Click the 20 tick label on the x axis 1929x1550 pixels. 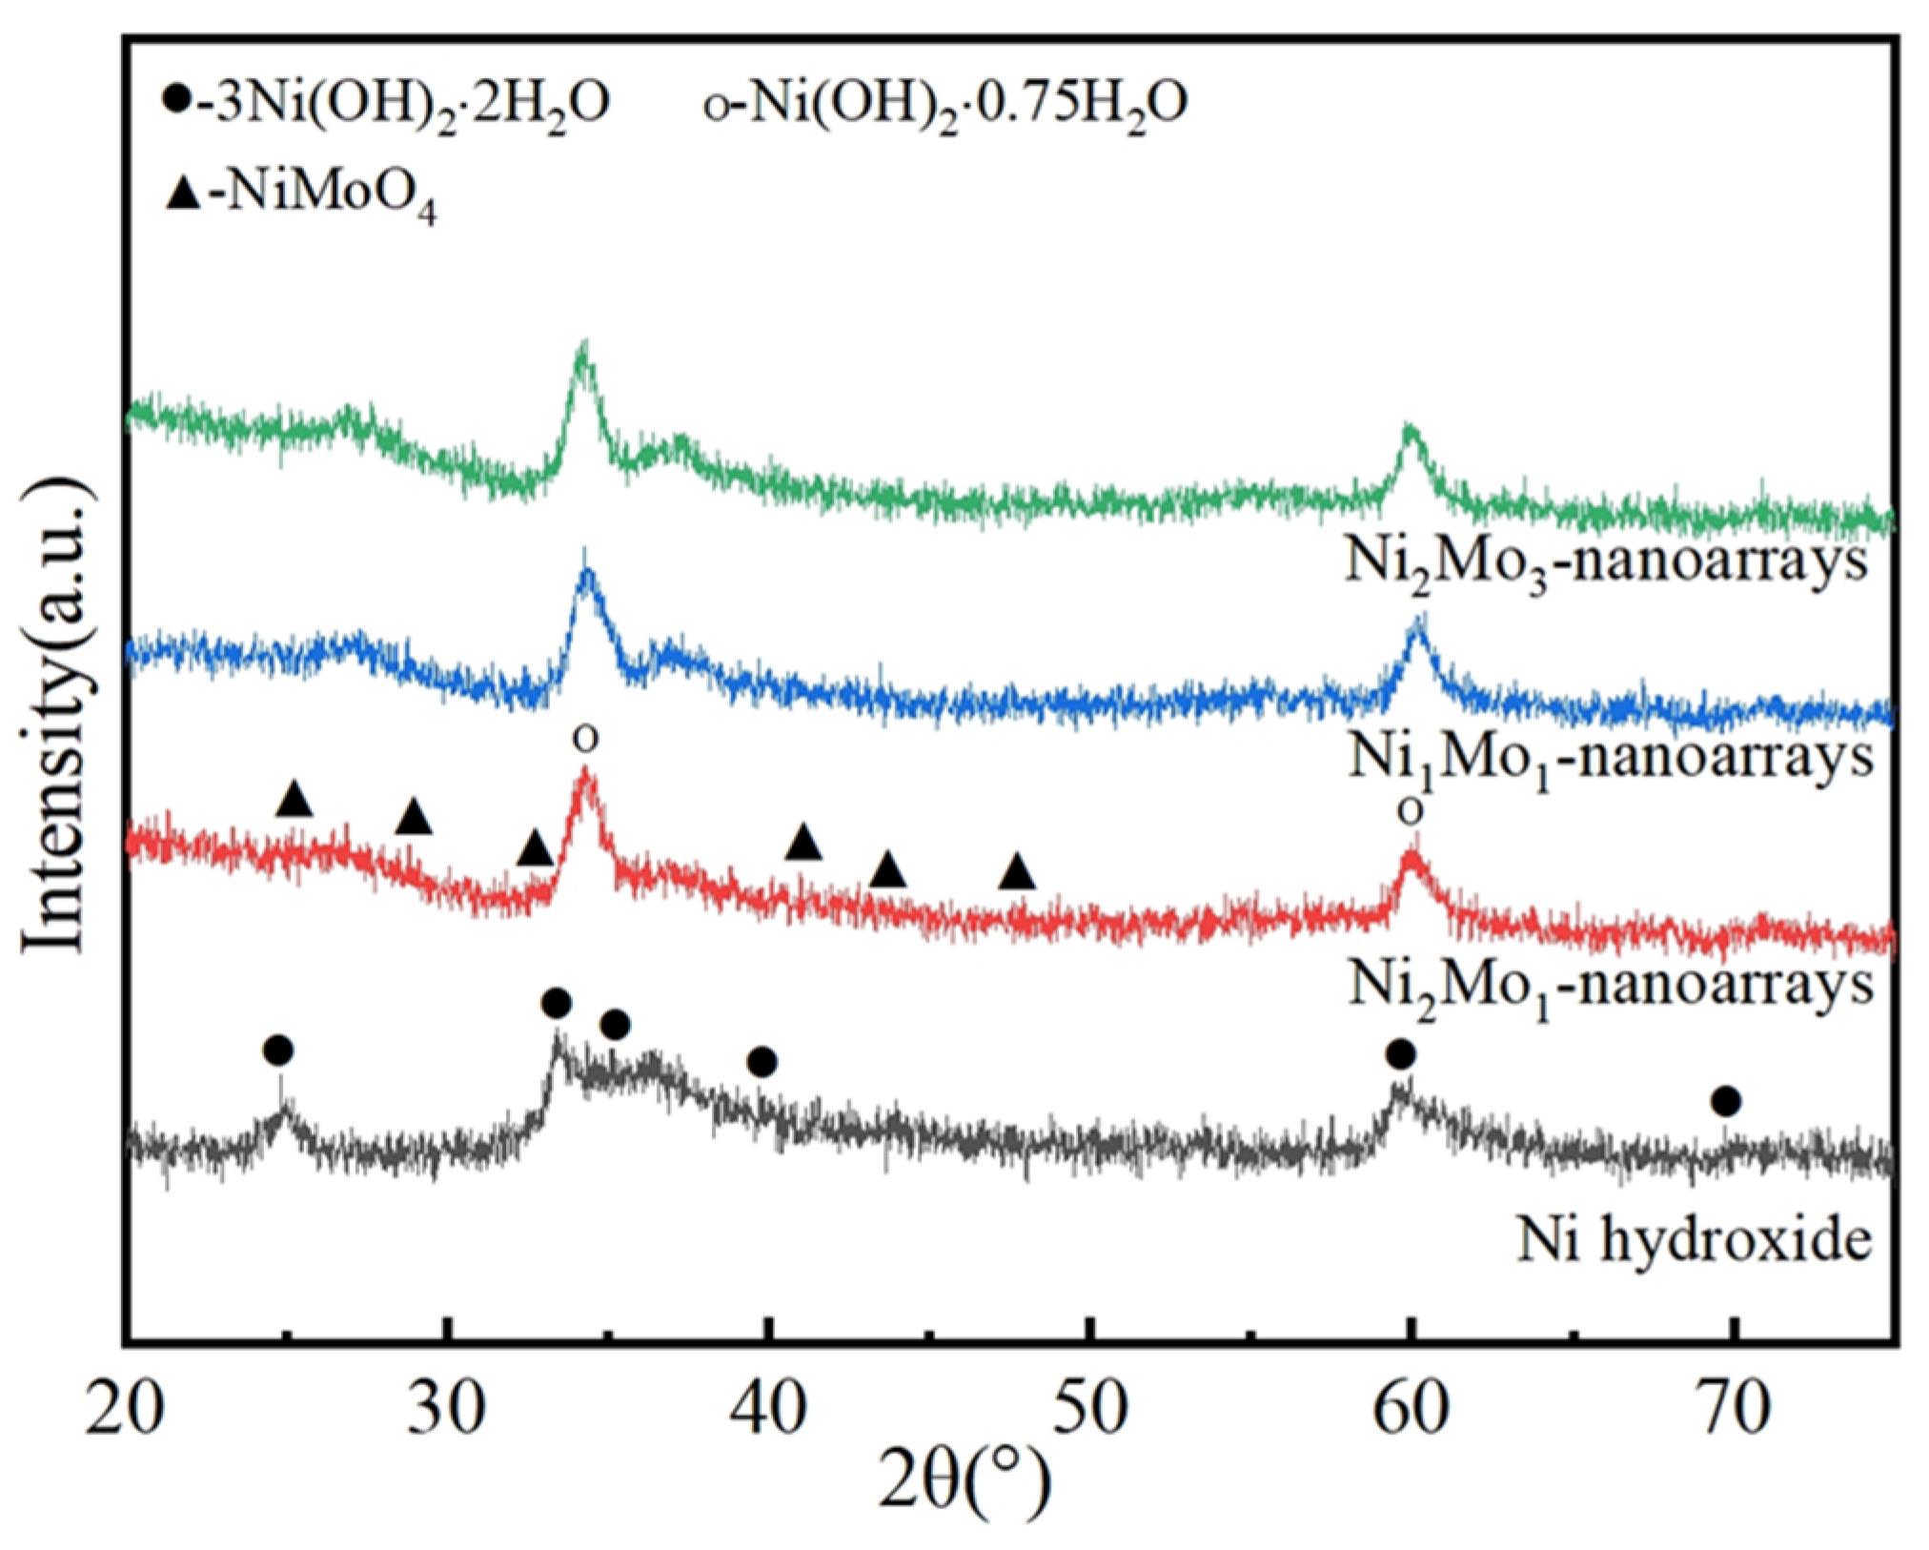pyautogui.click(x=125, y=1409)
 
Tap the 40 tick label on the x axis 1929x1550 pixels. pyautogui.click(x=768, y=1409)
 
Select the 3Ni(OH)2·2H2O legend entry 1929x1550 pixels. pyautogui.click(x=385, y=103)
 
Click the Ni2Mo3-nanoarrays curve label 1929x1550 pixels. pyautogui.click(x=1605, y=563)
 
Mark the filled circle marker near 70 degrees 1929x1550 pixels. pyautogui.click(x=1726, y=1103)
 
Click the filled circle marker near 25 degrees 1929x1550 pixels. pyautogui.click(x=278, y=1051)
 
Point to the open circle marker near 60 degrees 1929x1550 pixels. pyautogui.click(x=1411, y=812)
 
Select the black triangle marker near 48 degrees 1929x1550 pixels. pyautogui.click(x=1018, y=872)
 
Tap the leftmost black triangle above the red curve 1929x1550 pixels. pyautogui.click(x=294, y=800)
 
